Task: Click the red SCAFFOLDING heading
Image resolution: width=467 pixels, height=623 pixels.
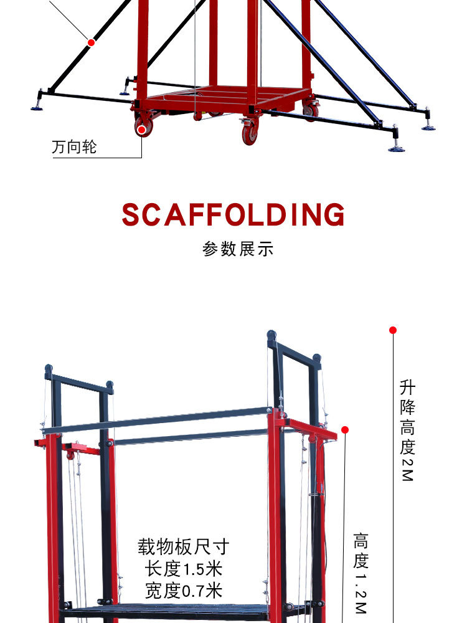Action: coord(233,215)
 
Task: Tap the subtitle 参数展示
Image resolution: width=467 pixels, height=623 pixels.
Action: coord(238,249)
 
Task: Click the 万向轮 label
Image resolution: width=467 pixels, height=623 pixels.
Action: coord(75,148)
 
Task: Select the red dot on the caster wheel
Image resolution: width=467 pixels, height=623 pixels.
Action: coord(143,130)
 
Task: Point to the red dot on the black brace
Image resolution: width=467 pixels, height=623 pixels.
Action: coord(92,42)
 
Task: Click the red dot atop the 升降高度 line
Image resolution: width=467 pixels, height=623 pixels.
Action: coord(393,330)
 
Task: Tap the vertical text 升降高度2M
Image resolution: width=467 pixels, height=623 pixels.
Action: coord(407,430)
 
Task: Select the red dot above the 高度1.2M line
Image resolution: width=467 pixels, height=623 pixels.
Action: coord(345,430)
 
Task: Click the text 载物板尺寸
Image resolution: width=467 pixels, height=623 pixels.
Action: coord(184,548)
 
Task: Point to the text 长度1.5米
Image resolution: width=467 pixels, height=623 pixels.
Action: coord(184,569)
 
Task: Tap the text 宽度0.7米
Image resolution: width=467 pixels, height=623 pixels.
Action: coord(184,590)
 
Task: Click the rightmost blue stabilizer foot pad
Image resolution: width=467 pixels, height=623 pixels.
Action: coord(428,127)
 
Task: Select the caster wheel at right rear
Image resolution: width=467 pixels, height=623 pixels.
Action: coord(310,110)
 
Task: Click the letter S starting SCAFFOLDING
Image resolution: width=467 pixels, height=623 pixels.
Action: coord(132,215)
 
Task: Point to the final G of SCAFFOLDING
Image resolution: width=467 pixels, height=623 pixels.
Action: coord(333,215)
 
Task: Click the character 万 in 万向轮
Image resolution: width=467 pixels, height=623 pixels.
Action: coord(59,148)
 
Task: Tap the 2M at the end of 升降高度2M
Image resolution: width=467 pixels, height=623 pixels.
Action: coord(407,473)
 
